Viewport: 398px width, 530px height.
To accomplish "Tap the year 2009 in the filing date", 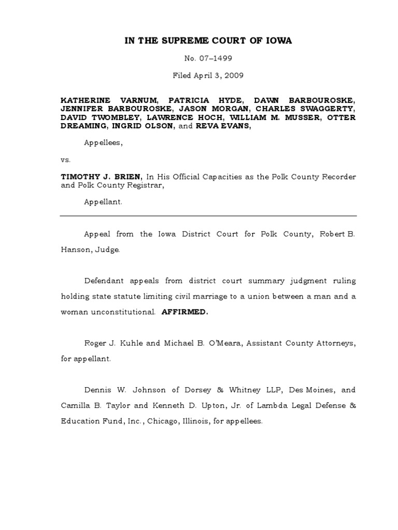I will (234, 76).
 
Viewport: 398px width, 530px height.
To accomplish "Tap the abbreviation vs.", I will (66, 160).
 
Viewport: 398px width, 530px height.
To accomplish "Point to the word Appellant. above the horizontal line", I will (104, 202).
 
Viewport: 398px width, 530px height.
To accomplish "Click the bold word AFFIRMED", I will (185, 313).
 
